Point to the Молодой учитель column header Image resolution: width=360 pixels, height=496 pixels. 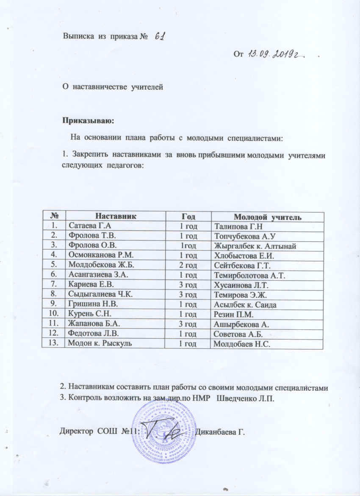tap(267, 217)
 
